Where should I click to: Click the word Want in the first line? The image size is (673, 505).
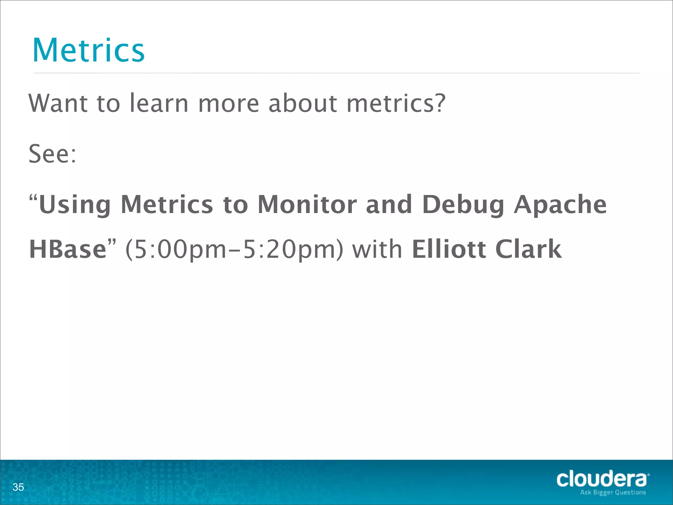tap(58, 103)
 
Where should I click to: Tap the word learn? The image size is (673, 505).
tap(159, 103)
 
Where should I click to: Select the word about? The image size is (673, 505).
tap(303, 103)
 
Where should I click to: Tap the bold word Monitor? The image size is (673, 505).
tap(307, 204)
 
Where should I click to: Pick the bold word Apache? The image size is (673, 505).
tap(560, 204)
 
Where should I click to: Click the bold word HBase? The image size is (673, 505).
tap(68, 249)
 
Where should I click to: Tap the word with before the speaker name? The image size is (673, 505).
tap(377, 249)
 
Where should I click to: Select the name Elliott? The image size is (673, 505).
tap(449, 249)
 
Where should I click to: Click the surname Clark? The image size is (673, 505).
tap(528, 249)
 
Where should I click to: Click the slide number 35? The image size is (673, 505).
tap(18, 487)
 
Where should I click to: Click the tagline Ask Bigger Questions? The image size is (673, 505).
tap(613, 493)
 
